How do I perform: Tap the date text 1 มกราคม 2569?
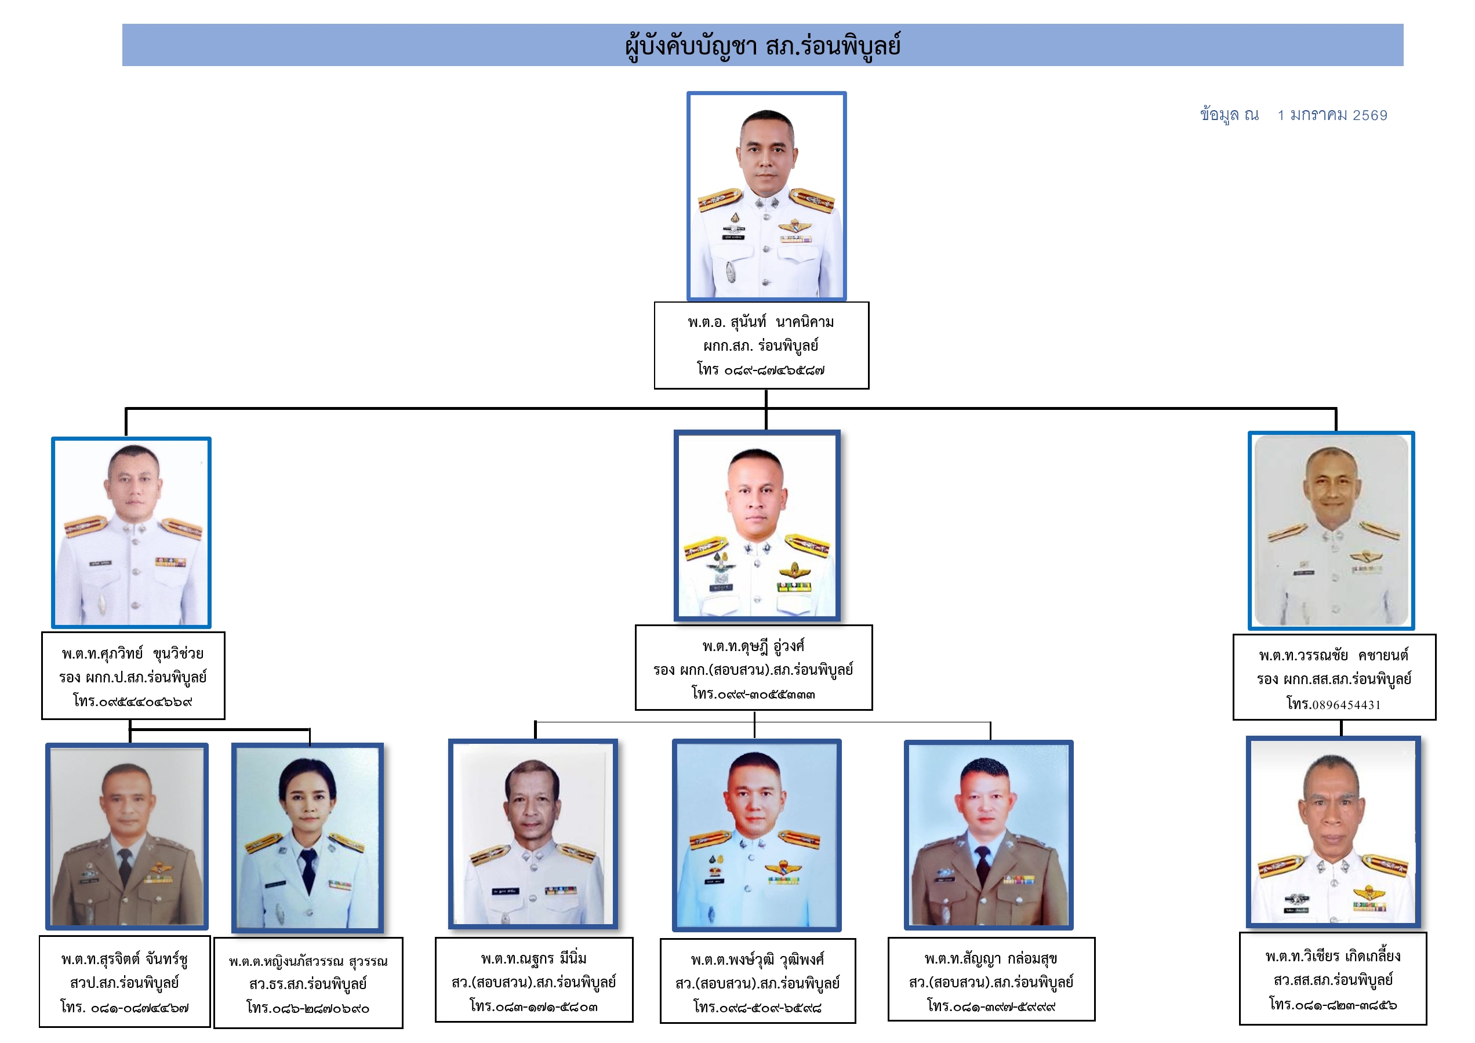pyautogui.click(x=1332, y=115)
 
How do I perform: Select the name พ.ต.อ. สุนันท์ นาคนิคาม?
pyautogui.click(x=761, y=322)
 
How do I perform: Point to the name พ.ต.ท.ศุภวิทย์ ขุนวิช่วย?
pyautogui.click(x=133, y=654)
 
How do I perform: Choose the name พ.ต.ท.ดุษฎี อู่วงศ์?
pyautogui.click(x=754, y=646)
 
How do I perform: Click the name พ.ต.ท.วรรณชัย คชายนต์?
pyautogui.click(x=1334, y=656)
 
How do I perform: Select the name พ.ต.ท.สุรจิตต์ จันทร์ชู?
pyautogui.click(x=125, y=960)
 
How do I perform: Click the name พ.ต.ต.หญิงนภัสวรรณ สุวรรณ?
pyautogui.click(x=308, y=962)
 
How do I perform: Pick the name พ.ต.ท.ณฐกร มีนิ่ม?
pyautogui.click(x=534, y=959)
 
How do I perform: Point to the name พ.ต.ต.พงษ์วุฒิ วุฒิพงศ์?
pyautogui.click(x=757, y=960)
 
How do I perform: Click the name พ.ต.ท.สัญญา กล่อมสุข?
pyautogui.click(x=991, y=959)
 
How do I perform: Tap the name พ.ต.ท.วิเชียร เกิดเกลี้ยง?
pyautogui.click(x=1333, y=956)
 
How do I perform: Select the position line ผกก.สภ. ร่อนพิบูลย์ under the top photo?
pyautogui.click(x=761, y=346)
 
